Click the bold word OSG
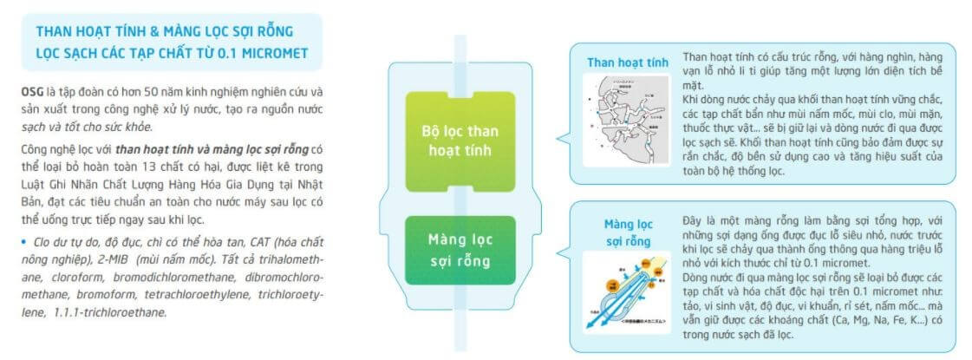[32, 91]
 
